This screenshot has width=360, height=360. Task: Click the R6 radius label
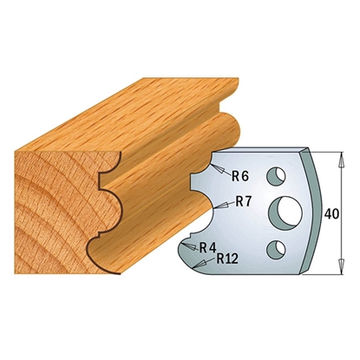[x=240, y=175]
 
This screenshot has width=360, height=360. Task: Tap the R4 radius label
[x=208, y=247]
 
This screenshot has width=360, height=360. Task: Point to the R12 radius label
[x=227, y=259]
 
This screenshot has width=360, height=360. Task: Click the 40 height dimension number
[x=331, y=214]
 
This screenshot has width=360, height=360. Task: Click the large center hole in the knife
[x=285, y=213]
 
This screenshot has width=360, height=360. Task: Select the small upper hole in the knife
[x=276, y=176]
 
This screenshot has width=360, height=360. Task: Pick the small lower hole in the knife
[x=276, y=248]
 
